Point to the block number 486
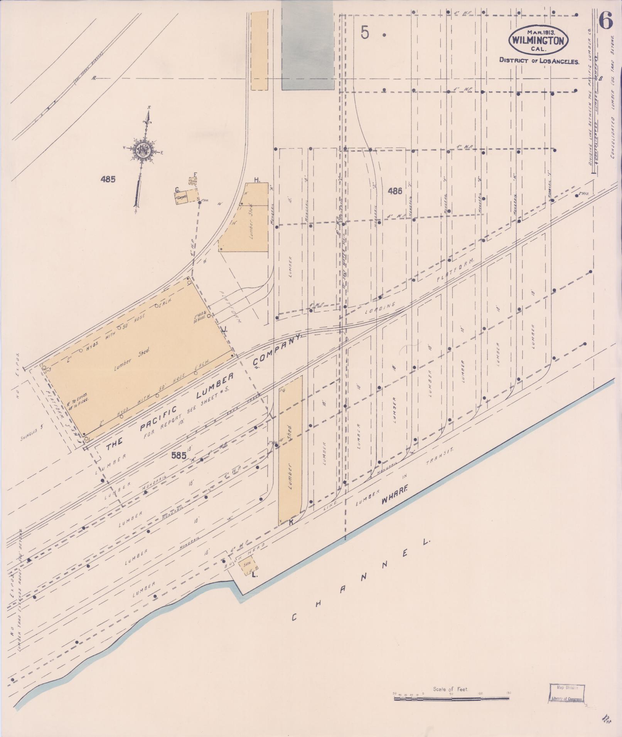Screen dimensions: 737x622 click(395, 190)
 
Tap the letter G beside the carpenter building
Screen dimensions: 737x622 click(177, 190)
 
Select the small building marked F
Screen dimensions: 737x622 click(192, 181)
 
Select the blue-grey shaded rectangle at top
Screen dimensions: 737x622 click(307, 45)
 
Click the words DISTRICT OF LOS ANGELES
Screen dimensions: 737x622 click(539, 60)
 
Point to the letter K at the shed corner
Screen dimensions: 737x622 click(291, 522)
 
